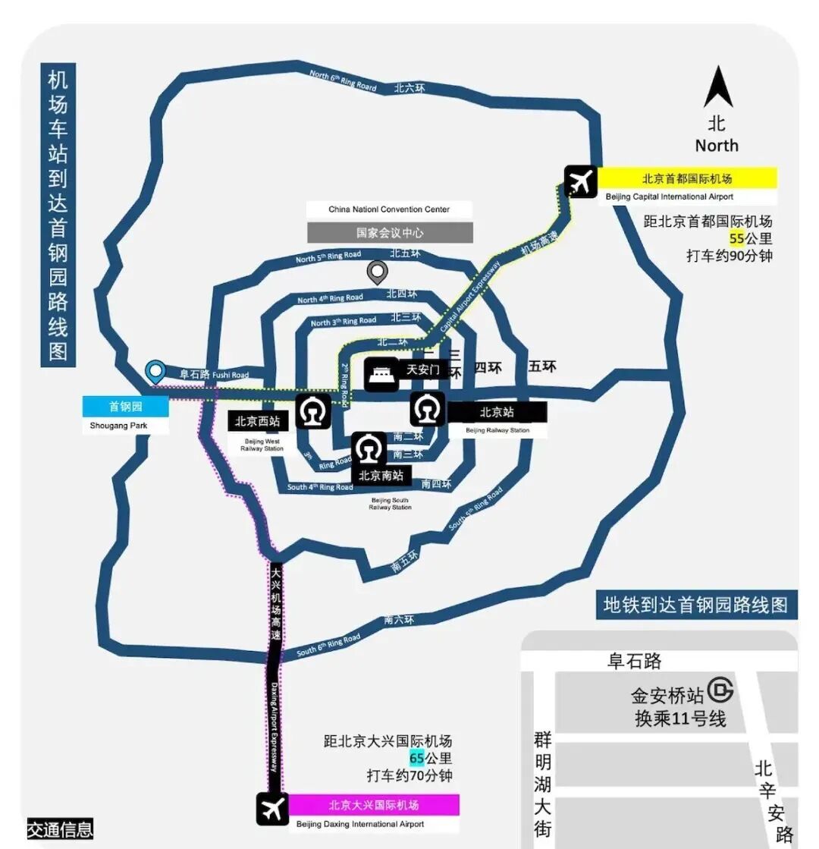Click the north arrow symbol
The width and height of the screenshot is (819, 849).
(x=717, y=87)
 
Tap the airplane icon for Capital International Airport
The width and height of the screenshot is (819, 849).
(x=582, y=182)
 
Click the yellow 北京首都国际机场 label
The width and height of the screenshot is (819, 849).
(x=687, y=179)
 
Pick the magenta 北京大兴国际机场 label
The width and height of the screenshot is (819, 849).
(x=374, y=804)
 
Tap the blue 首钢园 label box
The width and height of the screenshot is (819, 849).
(x=126, y=406)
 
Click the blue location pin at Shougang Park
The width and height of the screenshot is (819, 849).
(x=155, y=372)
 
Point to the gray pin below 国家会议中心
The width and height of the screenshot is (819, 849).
(x=377, y=272)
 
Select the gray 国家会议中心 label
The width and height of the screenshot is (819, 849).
(x=390, y=233)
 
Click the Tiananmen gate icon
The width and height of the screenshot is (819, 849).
(x=381, y=374)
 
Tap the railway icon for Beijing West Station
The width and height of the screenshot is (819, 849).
(x=312, y=412)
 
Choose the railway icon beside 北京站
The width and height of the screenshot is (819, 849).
(x=428, y=409)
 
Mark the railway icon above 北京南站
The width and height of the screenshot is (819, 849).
(x=369, y=449)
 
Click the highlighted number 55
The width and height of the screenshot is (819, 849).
(x=736, y=238)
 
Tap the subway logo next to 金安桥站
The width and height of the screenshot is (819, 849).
(x=720, y=690)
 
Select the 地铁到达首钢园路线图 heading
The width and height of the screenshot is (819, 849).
(x=695, y=605)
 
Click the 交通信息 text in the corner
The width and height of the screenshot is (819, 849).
(x=60, y=829)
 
